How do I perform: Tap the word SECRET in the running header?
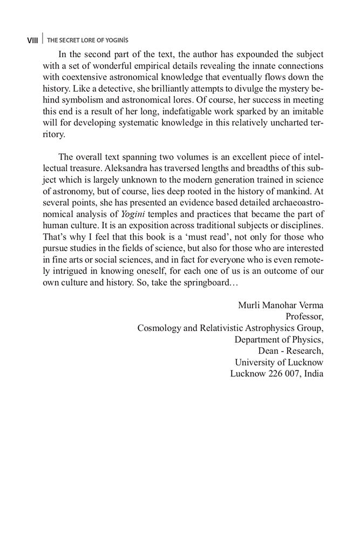tap(70, 40)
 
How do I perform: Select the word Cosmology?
tap(159, 327)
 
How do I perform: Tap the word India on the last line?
tap(314, 373)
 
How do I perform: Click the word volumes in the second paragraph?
tap(176, 157)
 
